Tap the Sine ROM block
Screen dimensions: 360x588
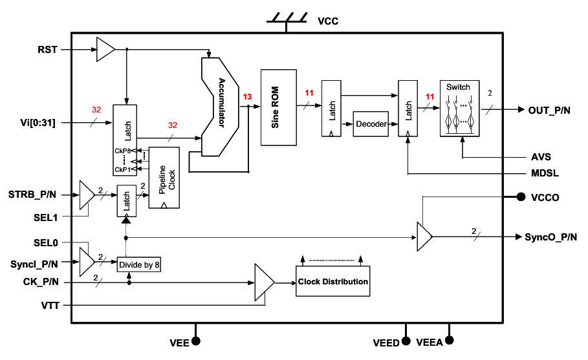pyautogui.click(x=279, y=107)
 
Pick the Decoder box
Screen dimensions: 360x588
pyautogui.click(x=371, y=123)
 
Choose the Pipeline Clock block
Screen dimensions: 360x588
pyautogui.click(x=165, y=177)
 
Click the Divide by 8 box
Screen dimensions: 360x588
pyautogui.click(x=139, y=264)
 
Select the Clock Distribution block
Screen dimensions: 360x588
pyautogui.click(x=333, y=281)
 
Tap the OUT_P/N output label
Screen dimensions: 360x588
pyautogui.click(x=549, y=110)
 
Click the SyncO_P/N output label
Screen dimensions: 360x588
pyautogui.click(x=550, y=237)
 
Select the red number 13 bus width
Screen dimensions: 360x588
pyautogui.click(x=247, y=97)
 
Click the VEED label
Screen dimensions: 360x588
pyautogui.click(x=386, y=343)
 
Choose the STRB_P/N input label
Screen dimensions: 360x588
pyautogui.click(x=33, y=194)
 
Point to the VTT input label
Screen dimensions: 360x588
pyautogui.click(x=49, y=305)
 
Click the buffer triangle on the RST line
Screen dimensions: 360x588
pyautogui.click(x=105, y=49)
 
